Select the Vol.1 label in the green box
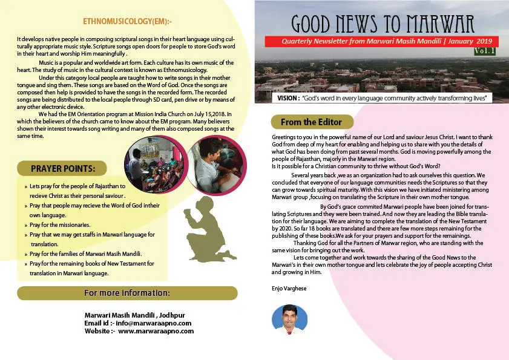[x=485, y=51]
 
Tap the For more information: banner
[x=126, y=293]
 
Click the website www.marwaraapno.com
[x=156, y=331]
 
